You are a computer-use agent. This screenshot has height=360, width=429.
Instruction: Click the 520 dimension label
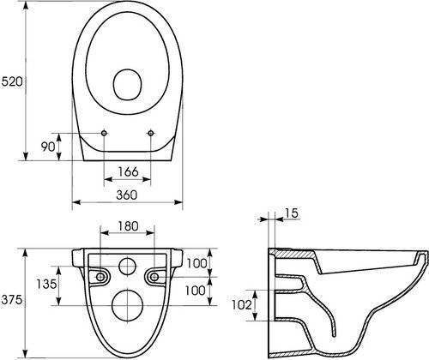tap(12, 82)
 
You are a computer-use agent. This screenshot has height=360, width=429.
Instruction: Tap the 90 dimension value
tap(48, 147)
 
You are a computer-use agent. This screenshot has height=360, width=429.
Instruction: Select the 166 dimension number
tap(128, 171)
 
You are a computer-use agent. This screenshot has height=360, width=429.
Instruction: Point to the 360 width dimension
tap(127, 195)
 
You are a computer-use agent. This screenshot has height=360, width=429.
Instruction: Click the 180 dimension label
tap(128, 226)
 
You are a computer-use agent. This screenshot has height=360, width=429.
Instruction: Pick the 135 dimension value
tap(46, 284)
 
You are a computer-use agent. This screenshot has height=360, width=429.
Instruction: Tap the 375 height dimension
tap(12, 300)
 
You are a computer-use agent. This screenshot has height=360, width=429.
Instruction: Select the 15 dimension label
tap(292, 213)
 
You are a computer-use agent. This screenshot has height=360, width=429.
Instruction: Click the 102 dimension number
tap(242, 305)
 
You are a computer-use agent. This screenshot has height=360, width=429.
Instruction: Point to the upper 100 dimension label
tap(196, 263)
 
